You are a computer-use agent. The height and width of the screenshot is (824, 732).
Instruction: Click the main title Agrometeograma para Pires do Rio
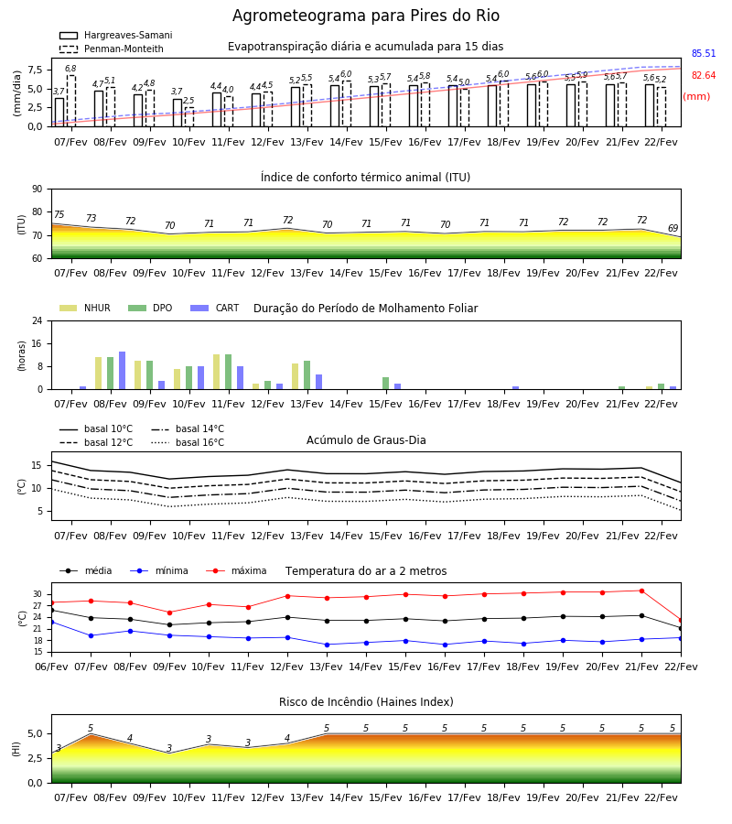pos(366,16)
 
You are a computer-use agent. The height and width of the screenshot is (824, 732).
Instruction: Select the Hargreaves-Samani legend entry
pos(115,35)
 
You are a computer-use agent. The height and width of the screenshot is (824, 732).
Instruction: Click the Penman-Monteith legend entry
pos(112,49)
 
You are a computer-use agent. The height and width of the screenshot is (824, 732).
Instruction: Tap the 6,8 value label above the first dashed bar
pos(70,69)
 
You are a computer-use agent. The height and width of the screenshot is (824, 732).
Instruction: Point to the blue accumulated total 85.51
pos(704,54)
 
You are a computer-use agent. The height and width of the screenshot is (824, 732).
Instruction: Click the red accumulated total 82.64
pos(704,76)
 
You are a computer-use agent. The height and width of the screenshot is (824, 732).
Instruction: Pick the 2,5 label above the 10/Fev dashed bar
pos(189,101)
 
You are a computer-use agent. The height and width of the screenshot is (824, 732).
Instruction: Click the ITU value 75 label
pos(59,214)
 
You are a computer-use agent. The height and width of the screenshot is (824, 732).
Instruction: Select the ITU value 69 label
pos(673,228)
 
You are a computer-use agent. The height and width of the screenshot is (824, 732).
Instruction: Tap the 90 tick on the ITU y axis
pos(38,190)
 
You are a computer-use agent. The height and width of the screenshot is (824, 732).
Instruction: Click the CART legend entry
pos(215,308)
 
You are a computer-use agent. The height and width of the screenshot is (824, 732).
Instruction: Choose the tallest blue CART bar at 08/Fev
pos(123,371)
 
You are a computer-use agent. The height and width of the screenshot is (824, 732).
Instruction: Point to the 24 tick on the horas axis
pos(38,320)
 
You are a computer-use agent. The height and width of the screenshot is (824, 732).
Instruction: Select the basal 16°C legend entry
pos(188,442)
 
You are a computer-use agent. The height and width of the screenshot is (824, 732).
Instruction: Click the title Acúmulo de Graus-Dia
pos(366,440)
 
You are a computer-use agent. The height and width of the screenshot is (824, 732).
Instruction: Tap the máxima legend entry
pos(236,570)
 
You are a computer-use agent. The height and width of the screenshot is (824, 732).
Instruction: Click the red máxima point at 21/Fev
pos(641,591)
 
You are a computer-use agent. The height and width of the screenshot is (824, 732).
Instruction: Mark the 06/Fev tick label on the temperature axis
pos(51,667)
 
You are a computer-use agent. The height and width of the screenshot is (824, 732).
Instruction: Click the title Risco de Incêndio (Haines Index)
pos(366,702)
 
